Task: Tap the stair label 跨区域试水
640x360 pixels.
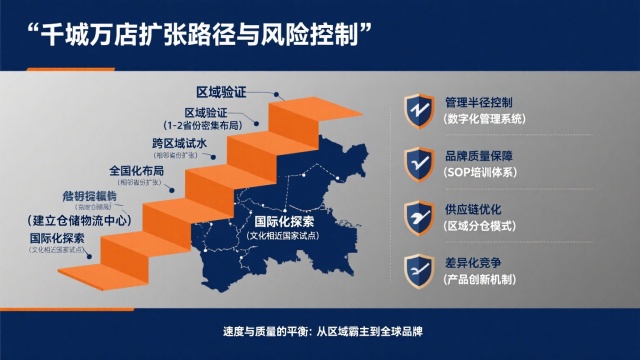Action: coord(179,143)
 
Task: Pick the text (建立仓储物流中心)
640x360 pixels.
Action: coord(79,219)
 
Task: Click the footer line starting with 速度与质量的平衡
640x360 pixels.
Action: coord(319,332)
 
